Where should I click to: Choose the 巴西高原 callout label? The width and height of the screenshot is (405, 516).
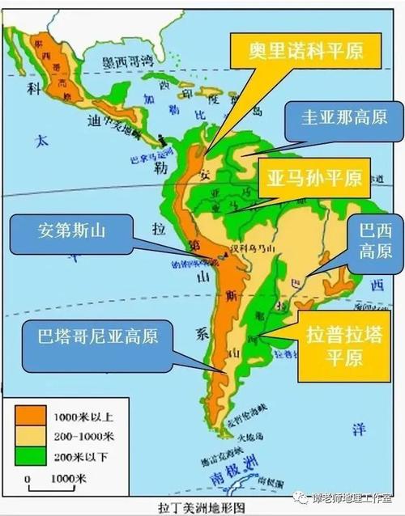coord(375,241)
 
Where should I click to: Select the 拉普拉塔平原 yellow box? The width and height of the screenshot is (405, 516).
coord(341,346)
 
